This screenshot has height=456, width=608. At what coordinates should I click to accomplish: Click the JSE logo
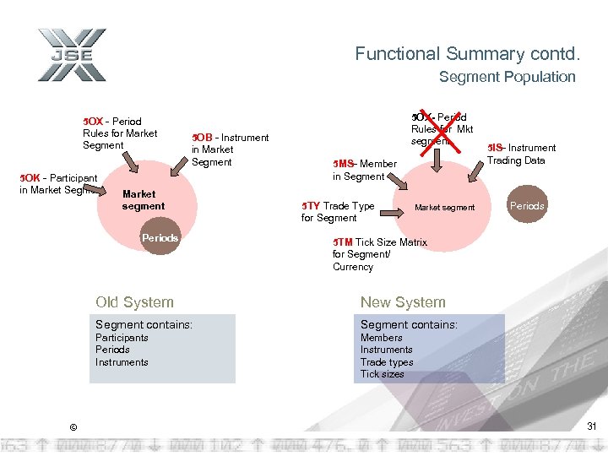pos(72,55)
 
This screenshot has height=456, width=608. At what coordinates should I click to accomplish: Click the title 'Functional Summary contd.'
pos(467,54)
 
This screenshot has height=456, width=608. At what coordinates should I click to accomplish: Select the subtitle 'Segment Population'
pos(507,77)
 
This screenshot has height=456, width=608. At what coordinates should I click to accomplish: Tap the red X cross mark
pos(441,127)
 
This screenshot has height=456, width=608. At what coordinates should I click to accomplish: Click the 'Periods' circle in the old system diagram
pos(160,238)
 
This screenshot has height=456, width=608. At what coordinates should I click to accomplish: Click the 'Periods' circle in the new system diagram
pos(526,206)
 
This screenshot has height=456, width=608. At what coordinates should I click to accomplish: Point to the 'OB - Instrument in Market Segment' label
pos(230,149)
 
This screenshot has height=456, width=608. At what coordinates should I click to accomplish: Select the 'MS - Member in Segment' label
pos(364,170)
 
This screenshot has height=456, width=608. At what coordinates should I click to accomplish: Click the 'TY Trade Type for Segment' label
pos(338,211)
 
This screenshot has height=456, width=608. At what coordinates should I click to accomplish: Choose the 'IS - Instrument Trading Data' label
pos(521,154)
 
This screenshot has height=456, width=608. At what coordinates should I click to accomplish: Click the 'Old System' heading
pos(134,302)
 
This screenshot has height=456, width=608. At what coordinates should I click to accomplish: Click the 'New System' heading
pos(402,302)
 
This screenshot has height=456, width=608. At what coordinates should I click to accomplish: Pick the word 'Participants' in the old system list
pos(122,338)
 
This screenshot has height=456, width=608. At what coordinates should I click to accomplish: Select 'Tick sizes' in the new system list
pos(382,374)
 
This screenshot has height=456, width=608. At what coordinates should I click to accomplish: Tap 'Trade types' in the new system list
pos(387,362)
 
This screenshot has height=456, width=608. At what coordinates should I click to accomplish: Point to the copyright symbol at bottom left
pos(73,426)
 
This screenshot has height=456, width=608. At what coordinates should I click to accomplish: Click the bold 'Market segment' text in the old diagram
pos(144,200)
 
